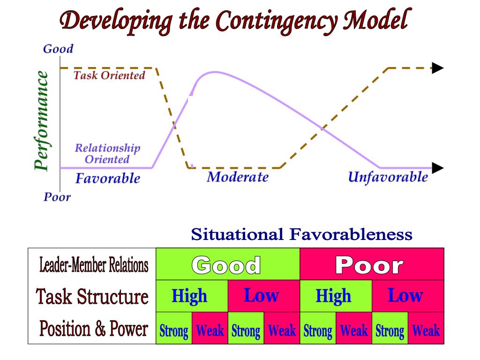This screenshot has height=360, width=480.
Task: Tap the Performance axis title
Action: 42,120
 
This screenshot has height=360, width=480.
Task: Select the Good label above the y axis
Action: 58,49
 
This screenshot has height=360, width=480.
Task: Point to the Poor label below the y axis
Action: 57,197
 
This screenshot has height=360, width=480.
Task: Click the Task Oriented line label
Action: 109,75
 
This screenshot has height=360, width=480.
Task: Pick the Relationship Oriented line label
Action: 107,154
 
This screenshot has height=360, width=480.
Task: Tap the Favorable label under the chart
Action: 108,179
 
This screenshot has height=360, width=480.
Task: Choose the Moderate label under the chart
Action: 238,177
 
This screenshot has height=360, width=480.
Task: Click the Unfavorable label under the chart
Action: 388,177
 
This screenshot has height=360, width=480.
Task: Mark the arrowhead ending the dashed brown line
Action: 437,68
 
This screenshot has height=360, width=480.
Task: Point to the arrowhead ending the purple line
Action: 437,168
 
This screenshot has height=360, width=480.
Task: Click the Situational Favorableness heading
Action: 302,234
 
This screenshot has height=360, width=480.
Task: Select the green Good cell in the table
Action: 227,265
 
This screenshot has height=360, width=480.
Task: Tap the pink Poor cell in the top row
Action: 371,265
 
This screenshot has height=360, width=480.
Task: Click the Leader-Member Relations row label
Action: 94,265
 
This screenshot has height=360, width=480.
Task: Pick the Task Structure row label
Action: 92,297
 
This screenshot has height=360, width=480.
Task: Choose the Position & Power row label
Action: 94,329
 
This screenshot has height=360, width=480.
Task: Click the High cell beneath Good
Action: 189,296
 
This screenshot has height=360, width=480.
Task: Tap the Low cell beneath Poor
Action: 405,296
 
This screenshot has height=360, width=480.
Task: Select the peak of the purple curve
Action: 215,72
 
